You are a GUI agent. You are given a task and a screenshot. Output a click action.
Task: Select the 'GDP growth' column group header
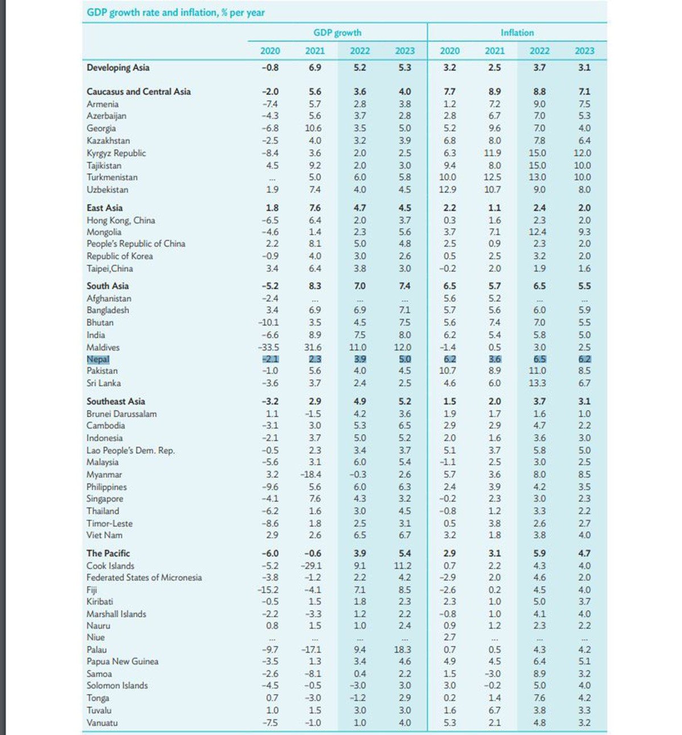click(x=337, y=32)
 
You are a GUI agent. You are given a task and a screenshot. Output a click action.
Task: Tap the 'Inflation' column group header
click(x=517, y=32)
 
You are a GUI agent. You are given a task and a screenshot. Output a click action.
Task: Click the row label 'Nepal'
click(x=98, y=359)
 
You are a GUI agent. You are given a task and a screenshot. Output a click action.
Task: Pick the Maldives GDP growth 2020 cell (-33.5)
click(x=269, y=347)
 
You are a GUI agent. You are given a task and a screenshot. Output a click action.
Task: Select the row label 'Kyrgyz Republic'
click(x=116, y=153)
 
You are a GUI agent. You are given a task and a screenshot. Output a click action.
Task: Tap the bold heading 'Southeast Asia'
click(x=115, y=402)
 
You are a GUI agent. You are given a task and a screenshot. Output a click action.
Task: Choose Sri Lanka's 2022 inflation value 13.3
click(x=537, y=383)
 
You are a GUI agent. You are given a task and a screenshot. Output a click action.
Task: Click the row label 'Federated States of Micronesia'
click(x=144, y=577)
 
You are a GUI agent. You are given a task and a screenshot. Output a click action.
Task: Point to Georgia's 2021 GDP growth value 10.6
click(x=313, y=128)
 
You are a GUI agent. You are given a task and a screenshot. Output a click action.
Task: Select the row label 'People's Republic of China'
click(x=136, y=244)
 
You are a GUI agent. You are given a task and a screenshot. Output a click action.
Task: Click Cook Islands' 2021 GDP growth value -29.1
click(x=311, y=566)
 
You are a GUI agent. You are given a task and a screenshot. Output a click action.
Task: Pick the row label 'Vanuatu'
click(x=102, y=723)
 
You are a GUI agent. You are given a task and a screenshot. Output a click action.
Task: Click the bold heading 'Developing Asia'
click(x=118, y=68)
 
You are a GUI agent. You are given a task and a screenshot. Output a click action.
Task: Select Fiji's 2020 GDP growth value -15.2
click(x=269, y=590)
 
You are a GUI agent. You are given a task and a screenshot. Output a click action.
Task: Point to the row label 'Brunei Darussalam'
click(x=122, y=414)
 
